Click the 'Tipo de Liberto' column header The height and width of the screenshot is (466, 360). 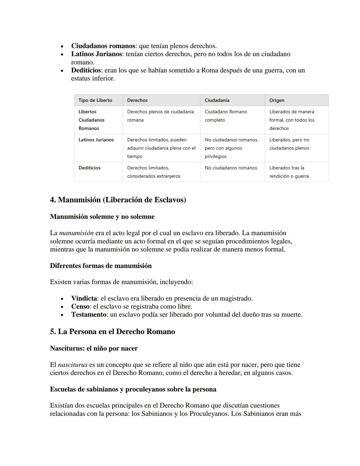coord(95,100)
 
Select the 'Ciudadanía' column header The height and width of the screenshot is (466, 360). coord(217,100)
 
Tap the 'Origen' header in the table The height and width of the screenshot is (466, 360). coord(277,100)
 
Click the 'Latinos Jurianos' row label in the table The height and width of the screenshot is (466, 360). coord(96,140)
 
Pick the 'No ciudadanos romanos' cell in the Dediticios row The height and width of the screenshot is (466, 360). coord(231,168)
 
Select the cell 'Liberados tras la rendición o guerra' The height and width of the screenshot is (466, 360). coord(289,172)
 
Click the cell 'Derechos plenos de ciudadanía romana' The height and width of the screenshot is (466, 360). coord(160,116)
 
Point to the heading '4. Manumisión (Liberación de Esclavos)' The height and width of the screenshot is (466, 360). coord(118,200)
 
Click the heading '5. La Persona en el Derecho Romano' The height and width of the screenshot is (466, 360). coord(112,332)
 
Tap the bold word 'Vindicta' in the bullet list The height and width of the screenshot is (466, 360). coord(84,299)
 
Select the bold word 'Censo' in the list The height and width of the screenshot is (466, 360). coord(80,307)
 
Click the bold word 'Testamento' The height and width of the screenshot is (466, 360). coord(89,315)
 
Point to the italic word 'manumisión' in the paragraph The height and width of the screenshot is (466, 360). coord(76,233)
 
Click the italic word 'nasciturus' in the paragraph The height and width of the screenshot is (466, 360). coord(73,365)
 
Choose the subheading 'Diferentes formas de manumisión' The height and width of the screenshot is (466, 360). coord(101,266)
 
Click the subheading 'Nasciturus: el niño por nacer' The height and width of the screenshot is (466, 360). coord(94,349)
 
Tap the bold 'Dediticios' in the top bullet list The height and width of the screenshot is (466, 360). coord(86,70)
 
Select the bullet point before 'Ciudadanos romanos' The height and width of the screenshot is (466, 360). coord(62,46)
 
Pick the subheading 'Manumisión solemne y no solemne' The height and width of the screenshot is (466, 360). coord(102,217)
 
